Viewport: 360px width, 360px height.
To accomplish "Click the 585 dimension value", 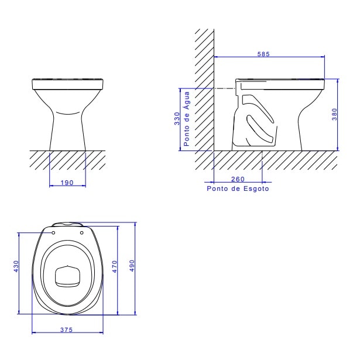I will click(x=270, y=53).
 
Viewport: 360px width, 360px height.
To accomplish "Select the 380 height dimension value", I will click(x=334, y=115).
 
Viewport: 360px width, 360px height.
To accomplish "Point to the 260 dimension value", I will click(x=238, y=179).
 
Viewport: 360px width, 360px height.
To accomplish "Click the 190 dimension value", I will click(x=67, y=183).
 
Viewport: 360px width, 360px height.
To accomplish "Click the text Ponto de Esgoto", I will click(x=238, y=188).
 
